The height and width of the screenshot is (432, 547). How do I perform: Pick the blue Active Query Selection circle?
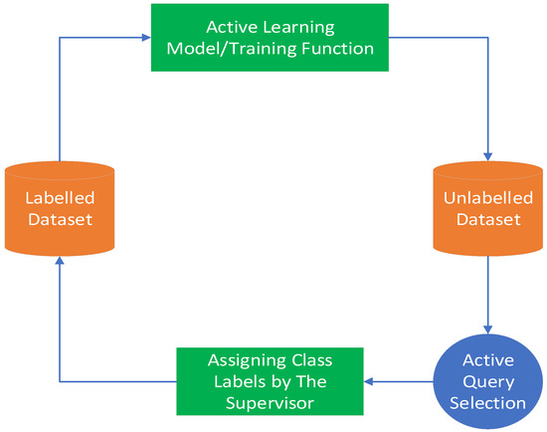[487, 379]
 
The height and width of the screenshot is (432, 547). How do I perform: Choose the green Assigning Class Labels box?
[270, 379]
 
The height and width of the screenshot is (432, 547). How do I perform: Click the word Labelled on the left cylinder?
[59, 197]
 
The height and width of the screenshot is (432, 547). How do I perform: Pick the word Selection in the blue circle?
[488, 402]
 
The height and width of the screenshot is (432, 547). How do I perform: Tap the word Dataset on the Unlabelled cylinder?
[487, 219]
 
